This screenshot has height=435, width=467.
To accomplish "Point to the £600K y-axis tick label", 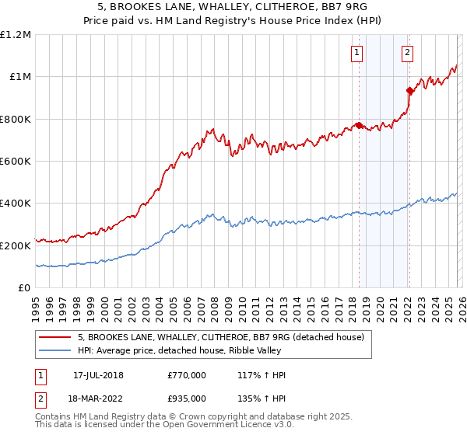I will coord(17,162).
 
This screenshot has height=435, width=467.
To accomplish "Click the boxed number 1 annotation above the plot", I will coord(357,53).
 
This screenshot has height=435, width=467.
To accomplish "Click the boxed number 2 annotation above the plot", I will coord(407,53).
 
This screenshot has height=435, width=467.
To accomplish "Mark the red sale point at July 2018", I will coord(358,125).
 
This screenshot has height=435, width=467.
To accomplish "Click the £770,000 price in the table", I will coord(187,375).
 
